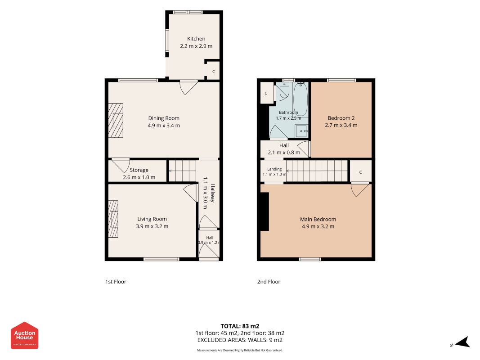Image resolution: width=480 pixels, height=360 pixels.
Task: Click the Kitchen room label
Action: (x=196, y=39)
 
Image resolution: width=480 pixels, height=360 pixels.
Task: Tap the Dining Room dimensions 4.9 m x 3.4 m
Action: (x=164, y=126)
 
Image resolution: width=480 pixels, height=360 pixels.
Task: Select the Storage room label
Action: (x=139, y=170)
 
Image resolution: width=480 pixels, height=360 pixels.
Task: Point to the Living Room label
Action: (x=152, y=219)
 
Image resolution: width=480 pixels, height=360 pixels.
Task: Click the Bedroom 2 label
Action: (x=341, y=118)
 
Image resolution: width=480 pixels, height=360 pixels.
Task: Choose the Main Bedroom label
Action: (x=318, y=220)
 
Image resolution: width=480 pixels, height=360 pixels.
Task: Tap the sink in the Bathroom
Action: (x=301, y=131)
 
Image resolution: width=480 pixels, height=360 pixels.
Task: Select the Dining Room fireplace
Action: (x=116, y=121)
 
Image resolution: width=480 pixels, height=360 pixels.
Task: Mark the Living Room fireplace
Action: (x=113, y=219)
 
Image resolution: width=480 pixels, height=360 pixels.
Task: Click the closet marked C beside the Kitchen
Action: (x=213, y=72)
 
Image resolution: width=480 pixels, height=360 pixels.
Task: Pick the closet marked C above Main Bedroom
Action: (x=361, y=172)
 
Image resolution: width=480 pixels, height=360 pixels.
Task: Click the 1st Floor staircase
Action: (x=183, y=171)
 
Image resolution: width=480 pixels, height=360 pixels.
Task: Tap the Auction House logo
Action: (x=24, y=336)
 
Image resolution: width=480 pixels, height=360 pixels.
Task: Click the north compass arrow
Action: (x=462, y=342)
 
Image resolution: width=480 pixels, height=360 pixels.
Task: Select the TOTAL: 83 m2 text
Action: (x=240, y=326)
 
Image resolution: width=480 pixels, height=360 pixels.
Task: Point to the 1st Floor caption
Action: (x=116, y=282)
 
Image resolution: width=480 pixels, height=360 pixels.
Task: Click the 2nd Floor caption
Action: (x=269, y=282)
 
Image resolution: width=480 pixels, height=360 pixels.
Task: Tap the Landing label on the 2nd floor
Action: (x=274, y=169)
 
